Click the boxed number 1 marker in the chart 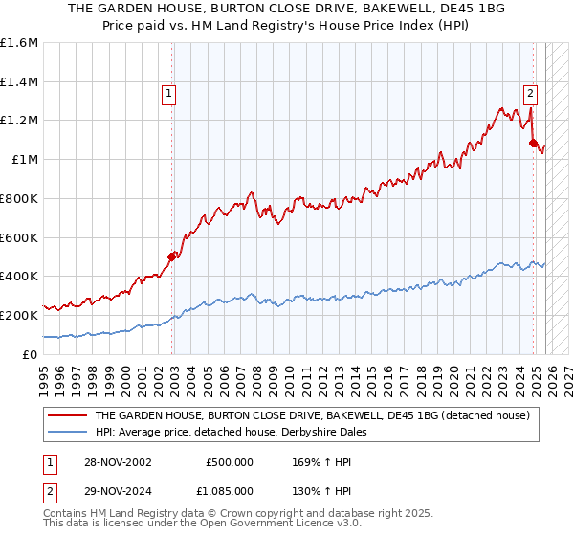pyautogui.click(x=168, y=94)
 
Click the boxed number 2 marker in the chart pyautogui.click(x=529, y=94)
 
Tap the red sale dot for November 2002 pyautogui.click(x=172, y=257)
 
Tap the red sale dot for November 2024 pyautogui.click(x=533, y=143)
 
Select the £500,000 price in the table pyautogui.click(x=229, y=462)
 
